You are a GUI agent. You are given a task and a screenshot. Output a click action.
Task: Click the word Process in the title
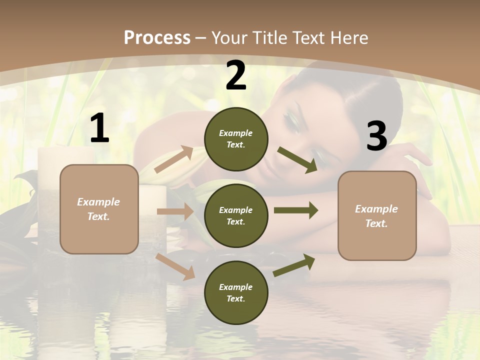tap(157, 37)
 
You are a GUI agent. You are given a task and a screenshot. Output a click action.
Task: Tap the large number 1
tap(99, 128)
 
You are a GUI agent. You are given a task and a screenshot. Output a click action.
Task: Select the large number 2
tap(236, 75)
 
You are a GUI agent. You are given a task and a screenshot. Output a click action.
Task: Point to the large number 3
tap(376, 136)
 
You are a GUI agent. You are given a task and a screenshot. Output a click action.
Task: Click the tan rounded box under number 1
tap(99, 209)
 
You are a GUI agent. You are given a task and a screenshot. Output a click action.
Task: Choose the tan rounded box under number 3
tap(377, 215)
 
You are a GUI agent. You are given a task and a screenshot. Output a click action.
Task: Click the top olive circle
tap(236, 138)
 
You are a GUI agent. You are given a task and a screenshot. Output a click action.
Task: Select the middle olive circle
tap(236, 215)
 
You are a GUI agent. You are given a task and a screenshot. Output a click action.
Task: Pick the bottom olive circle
tap(236, 292)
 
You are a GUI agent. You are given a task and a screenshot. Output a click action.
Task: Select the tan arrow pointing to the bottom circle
tap(175, 266)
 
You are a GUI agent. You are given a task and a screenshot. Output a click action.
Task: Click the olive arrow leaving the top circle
tap(297, 160)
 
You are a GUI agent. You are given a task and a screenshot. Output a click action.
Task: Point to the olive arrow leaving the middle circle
tap(295, 210)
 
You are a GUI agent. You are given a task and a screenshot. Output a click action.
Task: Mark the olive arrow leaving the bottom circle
tap(294, 265)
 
